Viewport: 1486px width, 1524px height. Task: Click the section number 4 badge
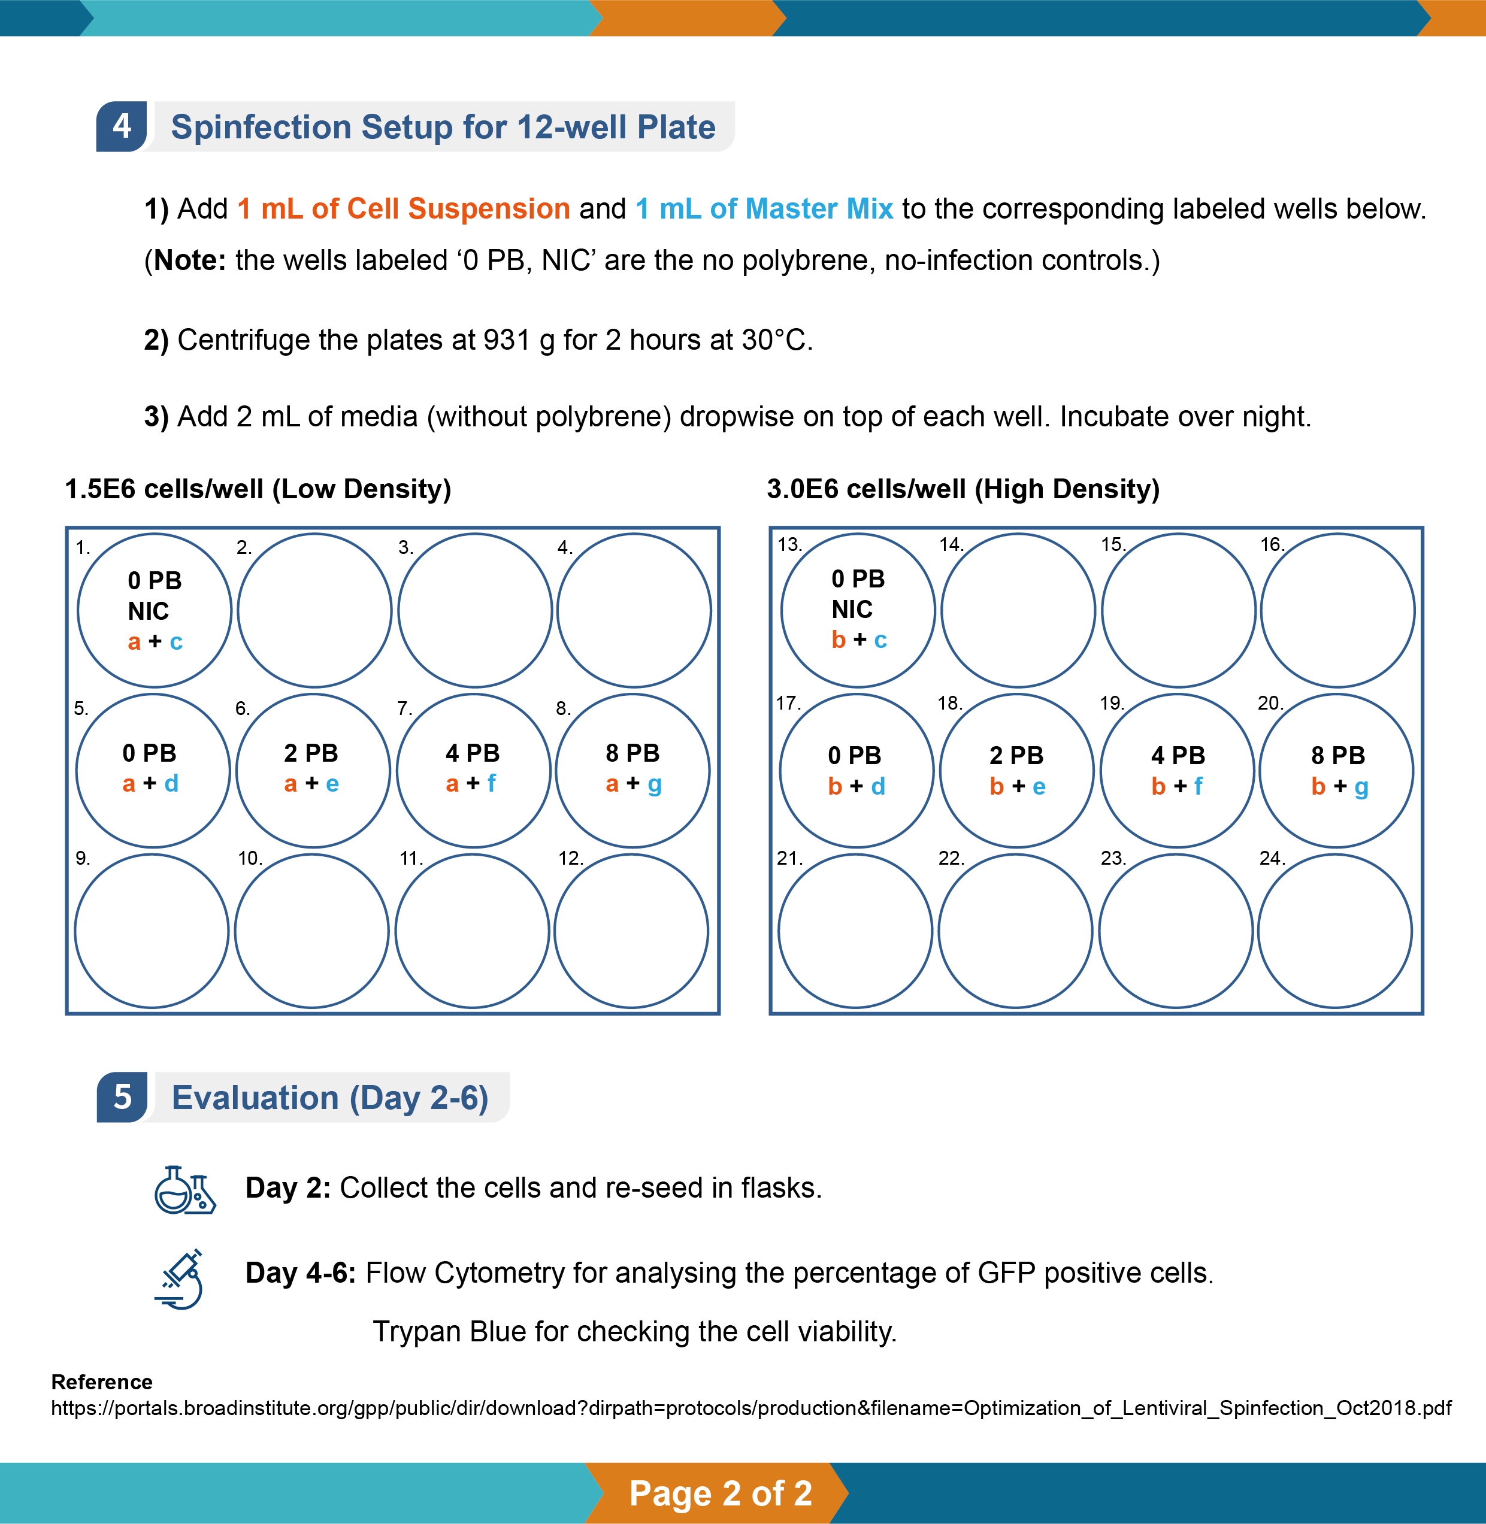click(x=121, y=126)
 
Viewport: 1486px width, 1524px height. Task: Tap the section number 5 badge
click(x=122, y=1097)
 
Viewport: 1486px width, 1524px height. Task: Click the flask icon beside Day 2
click(x=184, y=1190)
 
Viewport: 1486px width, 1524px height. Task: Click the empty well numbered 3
click(x=474, y=611)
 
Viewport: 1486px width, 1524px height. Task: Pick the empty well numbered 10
click(x=311, y=931)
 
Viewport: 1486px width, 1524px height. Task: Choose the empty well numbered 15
click(x=1178, y=611)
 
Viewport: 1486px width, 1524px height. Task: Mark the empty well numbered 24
click(x=1334, y=931)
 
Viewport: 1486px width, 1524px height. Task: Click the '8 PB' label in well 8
click(x=632, y=753)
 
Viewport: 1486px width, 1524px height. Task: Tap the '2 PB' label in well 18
click(x=1016, y=755)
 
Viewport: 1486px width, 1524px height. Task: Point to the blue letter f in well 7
click(x=491, y=783)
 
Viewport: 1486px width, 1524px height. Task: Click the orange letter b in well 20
click(x=1318, y=787)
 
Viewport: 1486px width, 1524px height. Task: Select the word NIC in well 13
click(x=852, y=610)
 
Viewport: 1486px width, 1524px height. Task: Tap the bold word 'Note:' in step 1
click(x=190, y=260)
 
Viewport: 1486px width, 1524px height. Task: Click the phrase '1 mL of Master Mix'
click(x=764, y=209)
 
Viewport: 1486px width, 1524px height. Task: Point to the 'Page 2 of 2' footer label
click(x=721, y=1493)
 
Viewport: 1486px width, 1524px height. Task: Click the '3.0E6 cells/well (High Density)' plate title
click(x=963, y=489)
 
